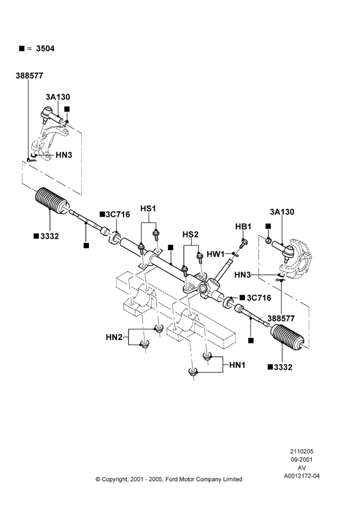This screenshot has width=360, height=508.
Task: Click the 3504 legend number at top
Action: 45,49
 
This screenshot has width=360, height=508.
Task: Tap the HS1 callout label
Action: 148,209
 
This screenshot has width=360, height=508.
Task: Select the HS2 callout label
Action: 190,234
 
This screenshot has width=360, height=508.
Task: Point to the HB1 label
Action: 243,227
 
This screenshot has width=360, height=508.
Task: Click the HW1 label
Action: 216,254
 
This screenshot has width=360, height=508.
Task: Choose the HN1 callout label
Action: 237,365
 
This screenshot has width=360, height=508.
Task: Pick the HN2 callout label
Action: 114,337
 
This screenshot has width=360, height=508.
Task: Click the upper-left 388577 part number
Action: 29,76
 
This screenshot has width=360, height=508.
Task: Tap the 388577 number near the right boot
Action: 281,319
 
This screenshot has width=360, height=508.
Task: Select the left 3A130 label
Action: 58,97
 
